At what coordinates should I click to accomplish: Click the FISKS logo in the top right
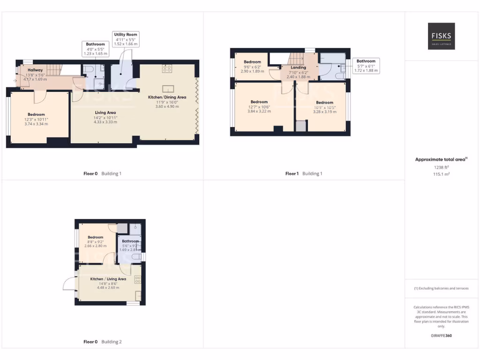441,36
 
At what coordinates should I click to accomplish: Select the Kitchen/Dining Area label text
167,97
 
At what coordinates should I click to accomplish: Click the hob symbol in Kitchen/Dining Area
167,68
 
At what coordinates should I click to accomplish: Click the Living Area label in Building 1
105,112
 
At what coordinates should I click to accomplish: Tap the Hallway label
35,70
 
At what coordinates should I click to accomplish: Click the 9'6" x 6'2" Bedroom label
252,62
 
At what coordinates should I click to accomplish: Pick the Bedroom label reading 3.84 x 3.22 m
259,102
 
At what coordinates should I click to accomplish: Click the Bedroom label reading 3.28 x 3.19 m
324,103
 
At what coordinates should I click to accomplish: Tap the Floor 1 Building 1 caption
304,173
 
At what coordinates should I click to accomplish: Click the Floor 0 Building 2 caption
102,342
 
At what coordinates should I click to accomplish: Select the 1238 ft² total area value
441,167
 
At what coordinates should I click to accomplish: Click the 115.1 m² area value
441,174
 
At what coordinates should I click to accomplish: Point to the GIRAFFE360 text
441,336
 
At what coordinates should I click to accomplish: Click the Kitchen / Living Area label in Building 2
108,279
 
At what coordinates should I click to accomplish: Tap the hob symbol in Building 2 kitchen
138,279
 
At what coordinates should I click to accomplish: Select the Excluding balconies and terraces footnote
441,288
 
